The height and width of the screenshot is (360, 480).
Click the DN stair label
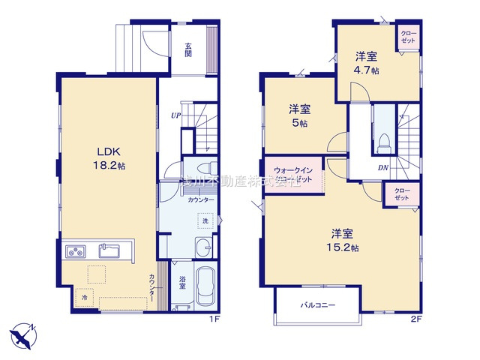click(x=382, y=167)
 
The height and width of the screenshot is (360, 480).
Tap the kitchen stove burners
click(x=75, y=250)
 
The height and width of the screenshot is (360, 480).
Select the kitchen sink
click(x=109, y=250)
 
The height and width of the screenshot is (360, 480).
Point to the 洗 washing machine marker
click(x=204, y=220)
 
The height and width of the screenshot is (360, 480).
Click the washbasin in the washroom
click(x=202, y=248)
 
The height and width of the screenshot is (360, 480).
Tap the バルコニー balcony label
click(x=318, y=305)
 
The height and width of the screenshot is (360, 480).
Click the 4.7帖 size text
click(x=367, y=70)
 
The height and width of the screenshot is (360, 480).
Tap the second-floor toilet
click(x=383, y=139)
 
